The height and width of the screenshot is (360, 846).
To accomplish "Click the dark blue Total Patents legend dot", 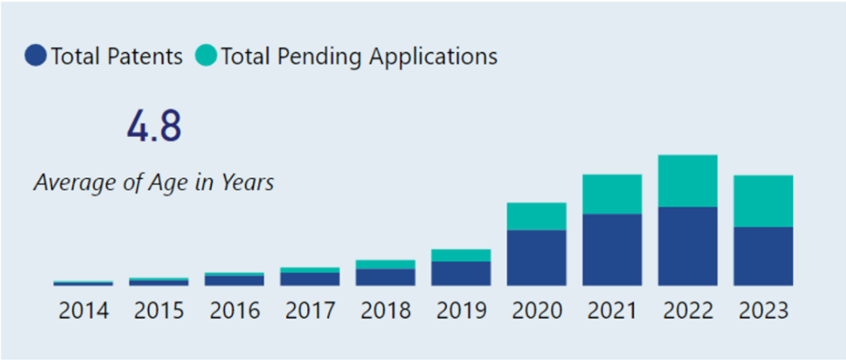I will click(36, 56).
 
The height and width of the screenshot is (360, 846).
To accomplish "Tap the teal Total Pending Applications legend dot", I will click(207, 56).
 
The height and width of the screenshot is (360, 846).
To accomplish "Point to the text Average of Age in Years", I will click(154, 182).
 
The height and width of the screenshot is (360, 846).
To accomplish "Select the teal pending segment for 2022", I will click(687, 181).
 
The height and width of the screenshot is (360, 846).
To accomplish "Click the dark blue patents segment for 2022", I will click(687, 246).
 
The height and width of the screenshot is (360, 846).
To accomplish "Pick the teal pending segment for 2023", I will click(763, 201).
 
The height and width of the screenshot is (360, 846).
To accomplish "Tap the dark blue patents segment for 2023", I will click(763, 256).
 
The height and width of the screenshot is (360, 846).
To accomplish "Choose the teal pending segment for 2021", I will click(612, 194).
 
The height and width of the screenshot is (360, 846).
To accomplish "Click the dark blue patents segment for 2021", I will click(612, 249).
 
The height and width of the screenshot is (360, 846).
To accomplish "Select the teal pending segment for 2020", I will click(537, 216).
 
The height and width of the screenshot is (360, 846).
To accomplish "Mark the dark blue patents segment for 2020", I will click(537, 258).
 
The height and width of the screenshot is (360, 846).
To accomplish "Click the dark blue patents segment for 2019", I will click(461, 273).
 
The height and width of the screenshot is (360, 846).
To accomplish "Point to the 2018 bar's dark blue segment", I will click(386, 277).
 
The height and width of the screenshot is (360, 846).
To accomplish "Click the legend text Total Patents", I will click(116, 56).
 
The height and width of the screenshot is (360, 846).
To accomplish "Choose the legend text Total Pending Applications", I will click(359, 56).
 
